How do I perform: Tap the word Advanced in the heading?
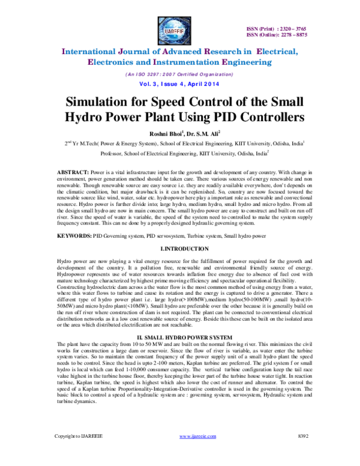pos(181,52)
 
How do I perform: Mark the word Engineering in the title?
pos(247,62)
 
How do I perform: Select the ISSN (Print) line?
pos(277,29)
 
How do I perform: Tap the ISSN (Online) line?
pos(277,35)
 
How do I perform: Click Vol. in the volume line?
pos(145,85)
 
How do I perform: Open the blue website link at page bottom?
pos(197,437)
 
